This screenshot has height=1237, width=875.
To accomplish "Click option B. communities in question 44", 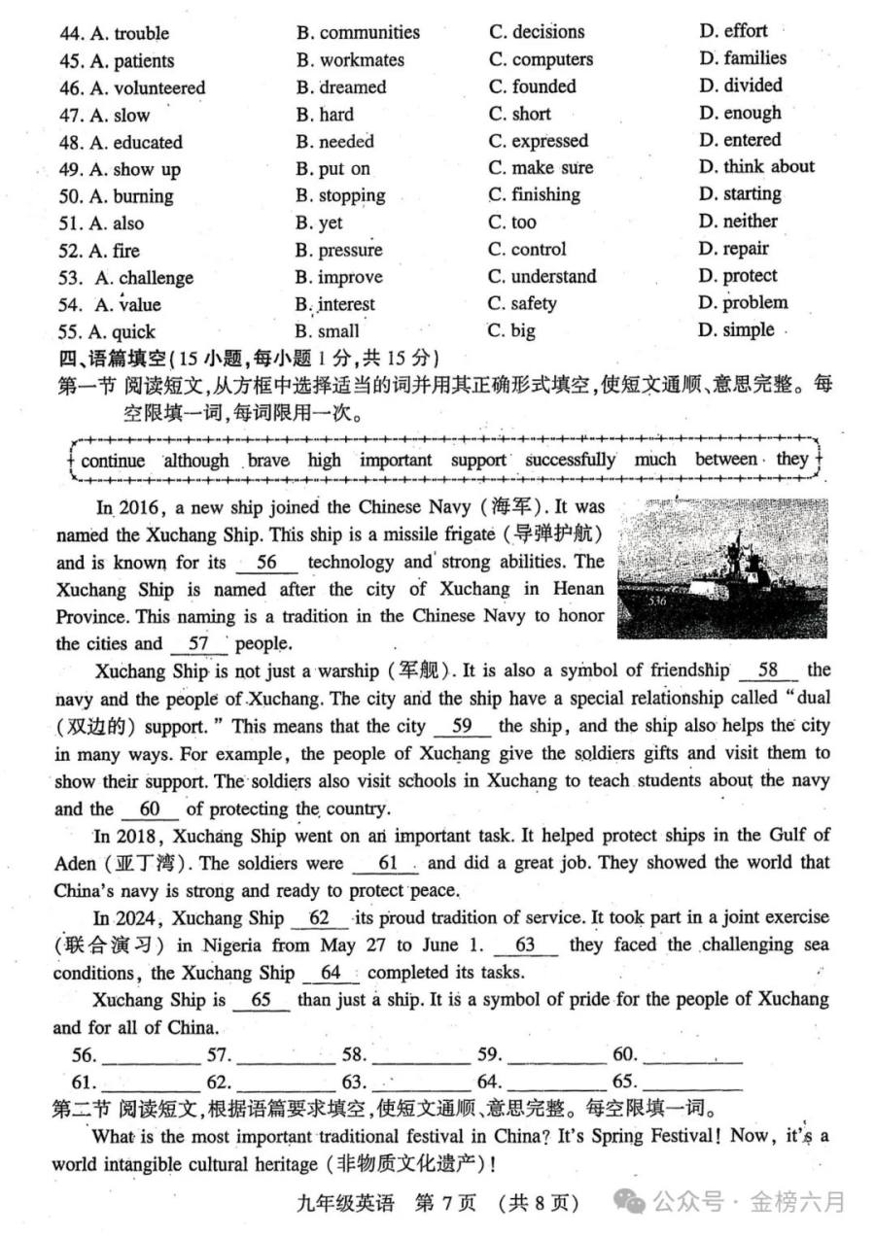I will click(358, 33).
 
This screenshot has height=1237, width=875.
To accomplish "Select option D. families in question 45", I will click(742, 58).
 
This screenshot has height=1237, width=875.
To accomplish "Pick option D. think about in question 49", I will click(756, 167).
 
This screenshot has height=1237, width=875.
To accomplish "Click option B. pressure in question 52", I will click(339, 250).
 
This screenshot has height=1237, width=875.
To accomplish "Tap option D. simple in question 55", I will click(736, 330).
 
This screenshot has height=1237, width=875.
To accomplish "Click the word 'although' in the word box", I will click(196, 461).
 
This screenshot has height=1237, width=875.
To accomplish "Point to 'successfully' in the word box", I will click(570, 460).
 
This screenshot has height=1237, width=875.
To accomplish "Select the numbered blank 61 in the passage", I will click(388, 863).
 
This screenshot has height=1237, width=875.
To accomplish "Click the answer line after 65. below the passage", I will click(692, 1082).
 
